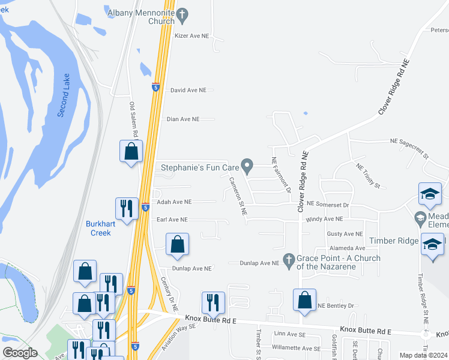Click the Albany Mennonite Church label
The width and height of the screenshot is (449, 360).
tap(141, 17)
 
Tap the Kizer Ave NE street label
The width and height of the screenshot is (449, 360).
tap(191, 36)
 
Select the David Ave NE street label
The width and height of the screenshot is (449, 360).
tap(188, 90)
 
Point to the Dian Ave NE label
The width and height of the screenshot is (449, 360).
tap(182, 119)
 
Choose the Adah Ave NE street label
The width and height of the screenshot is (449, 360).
tap(174, 202)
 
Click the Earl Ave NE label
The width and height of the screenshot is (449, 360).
tap(172, 220)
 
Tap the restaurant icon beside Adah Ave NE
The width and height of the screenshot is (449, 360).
tap(127, 209)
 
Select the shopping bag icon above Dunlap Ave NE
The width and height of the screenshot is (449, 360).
tap(177, 244)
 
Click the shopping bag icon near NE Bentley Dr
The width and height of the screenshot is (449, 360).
tap(305, 299)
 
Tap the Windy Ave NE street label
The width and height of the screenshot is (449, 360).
tap(324, 220)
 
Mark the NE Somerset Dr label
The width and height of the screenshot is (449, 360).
tap(327, 205)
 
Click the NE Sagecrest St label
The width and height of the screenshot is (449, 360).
tap(409, 148)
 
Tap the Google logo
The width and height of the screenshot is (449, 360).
tap(20, 353)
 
